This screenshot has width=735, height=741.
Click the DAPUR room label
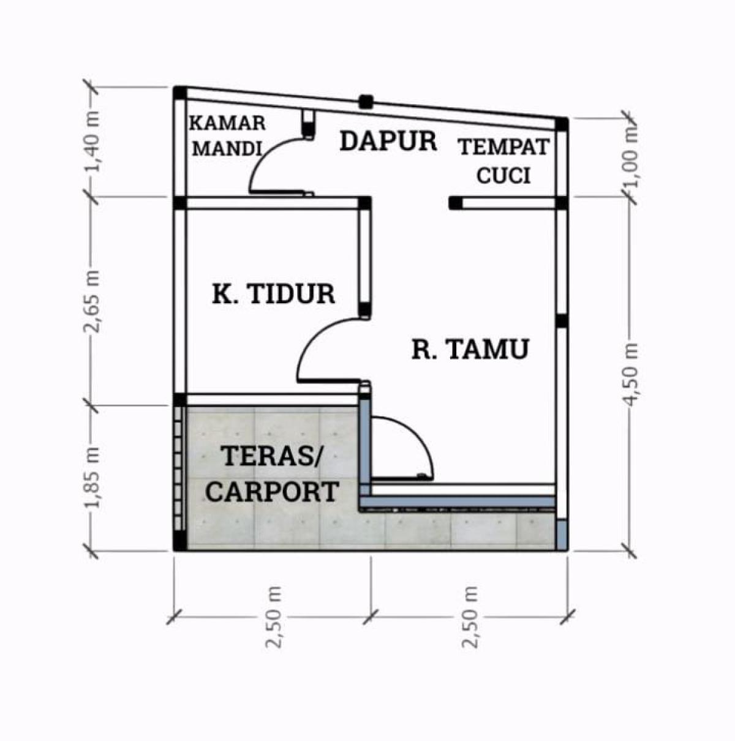(x=388, y=141)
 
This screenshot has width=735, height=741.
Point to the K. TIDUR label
(x=273, y=294)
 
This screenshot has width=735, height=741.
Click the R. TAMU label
(x=470, y=349)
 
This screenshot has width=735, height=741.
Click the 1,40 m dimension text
(x=93, y=141)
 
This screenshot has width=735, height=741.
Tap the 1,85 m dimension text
(x=93, y=477)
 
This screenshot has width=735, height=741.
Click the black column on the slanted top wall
(x=366, y=102)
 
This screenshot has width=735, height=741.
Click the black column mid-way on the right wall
(x=561, y=320)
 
